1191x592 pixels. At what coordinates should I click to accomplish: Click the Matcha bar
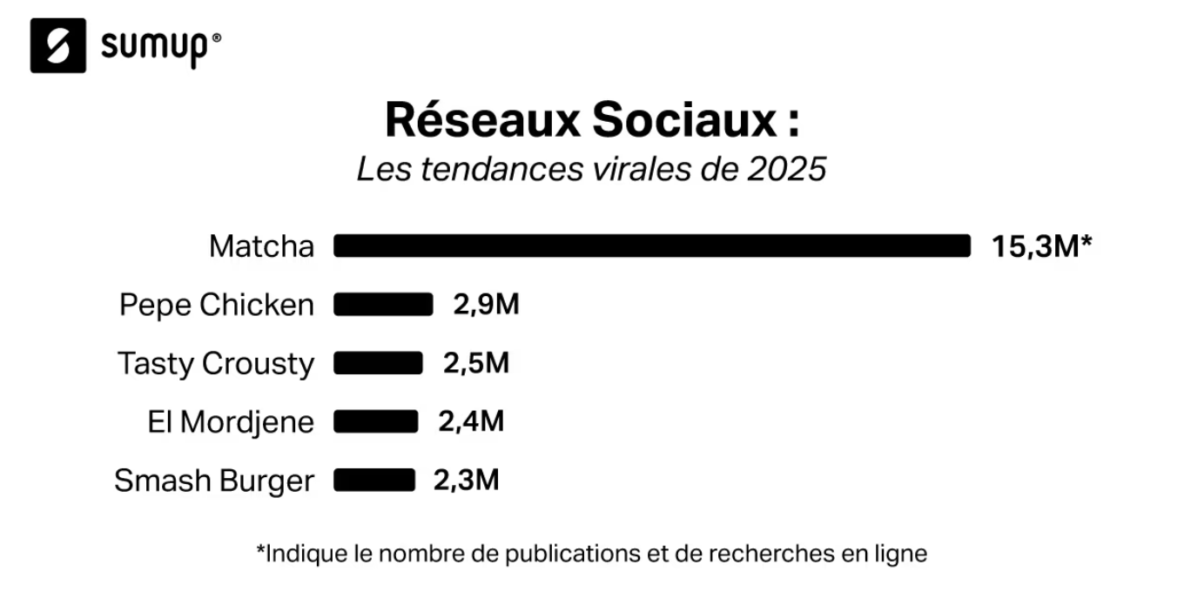[651, 246]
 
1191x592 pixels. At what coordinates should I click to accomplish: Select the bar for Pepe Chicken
[383, 305]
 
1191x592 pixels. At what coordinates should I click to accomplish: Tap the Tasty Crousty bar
[378, 363]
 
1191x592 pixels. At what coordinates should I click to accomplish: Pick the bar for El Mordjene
[375, 421]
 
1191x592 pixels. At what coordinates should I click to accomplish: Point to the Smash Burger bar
[374, 480]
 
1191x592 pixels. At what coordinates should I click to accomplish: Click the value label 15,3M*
[1041, 246]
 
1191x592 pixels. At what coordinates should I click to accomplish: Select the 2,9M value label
[486, 305]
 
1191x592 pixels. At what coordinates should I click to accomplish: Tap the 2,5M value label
[476, 363]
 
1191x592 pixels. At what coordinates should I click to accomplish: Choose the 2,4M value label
[471, 421]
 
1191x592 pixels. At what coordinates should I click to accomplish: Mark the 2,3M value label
[467, 480]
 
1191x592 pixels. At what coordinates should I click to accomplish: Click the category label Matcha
[261, 246]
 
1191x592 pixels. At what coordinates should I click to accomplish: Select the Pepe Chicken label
[217, 305]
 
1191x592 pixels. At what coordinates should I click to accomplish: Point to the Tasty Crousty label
[216, 363]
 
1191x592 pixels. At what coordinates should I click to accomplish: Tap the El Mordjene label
[231, 421]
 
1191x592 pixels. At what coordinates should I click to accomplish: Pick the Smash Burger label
[214, 481]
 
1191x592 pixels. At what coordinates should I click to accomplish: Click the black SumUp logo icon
[58, 45]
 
